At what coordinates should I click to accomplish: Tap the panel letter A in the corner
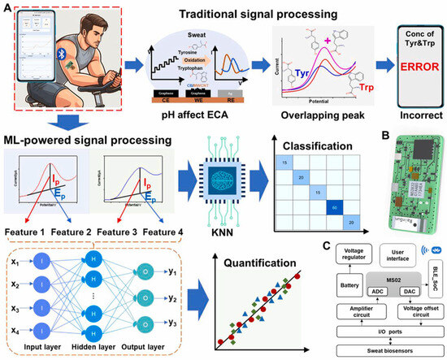tap(7, 7)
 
